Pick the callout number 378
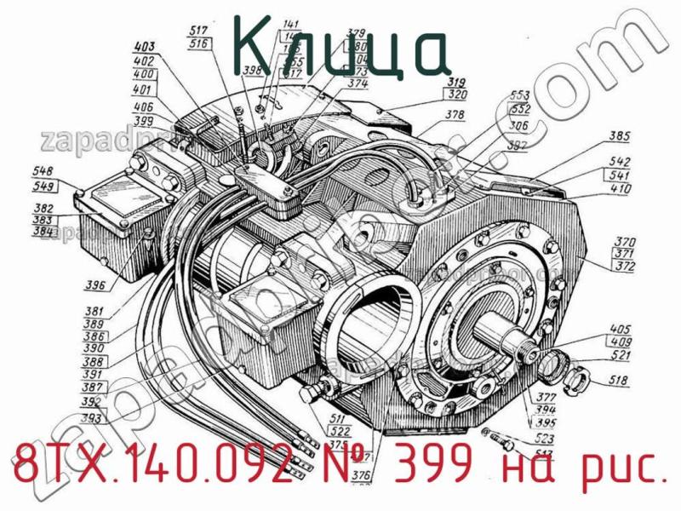point(455,114)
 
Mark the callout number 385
point(620,135)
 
